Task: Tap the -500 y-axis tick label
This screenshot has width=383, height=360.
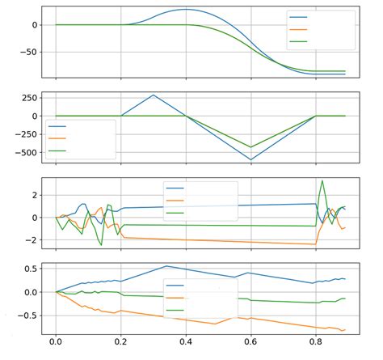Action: coord(27,152)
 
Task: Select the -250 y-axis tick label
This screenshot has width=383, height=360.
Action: coord(27,134)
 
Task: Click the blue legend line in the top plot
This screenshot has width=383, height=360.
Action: coord(298,16)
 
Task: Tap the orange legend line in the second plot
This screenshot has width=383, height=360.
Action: coord(57,138)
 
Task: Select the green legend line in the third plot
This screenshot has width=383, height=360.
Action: coord(175,213)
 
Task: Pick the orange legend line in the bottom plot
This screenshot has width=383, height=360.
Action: coord(175,298)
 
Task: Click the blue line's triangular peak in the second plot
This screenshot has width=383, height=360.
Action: coord(154,95)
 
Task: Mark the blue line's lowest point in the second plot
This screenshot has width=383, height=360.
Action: coord(250,160)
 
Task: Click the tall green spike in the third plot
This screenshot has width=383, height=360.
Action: coord(322,180)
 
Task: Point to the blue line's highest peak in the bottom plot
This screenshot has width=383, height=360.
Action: coord(166,265)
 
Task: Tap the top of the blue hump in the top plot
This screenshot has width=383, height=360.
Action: coord(186,10)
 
